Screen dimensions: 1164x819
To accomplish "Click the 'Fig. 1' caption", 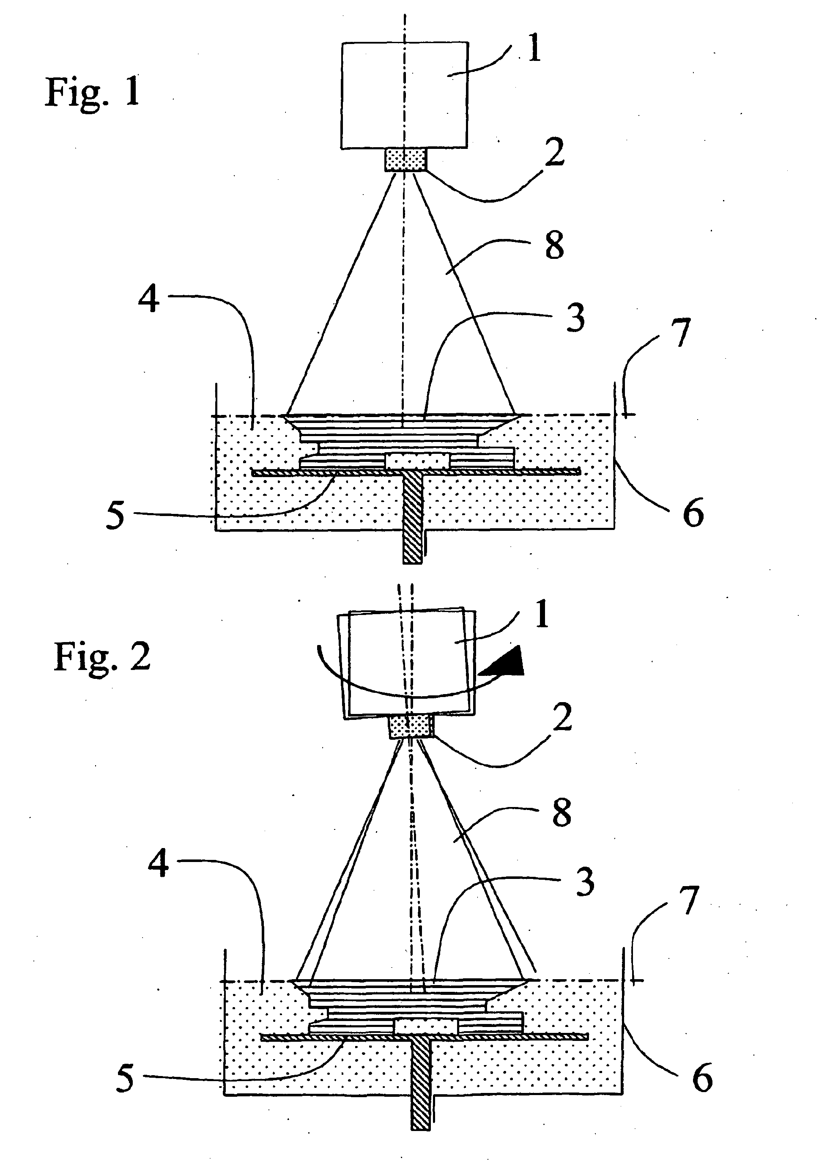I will (93, 92).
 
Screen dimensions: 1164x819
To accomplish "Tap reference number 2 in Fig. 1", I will (555, 153).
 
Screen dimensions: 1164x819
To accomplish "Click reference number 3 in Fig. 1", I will (575, 318).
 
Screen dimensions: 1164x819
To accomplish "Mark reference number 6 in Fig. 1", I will (693, 513).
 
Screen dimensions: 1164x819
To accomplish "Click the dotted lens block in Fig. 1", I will (405, 159).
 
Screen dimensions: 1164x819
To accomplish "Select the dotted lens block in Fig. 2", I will (411, 725).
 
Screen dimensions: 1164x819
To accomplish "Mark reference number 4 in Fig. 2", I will (158, 865).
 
